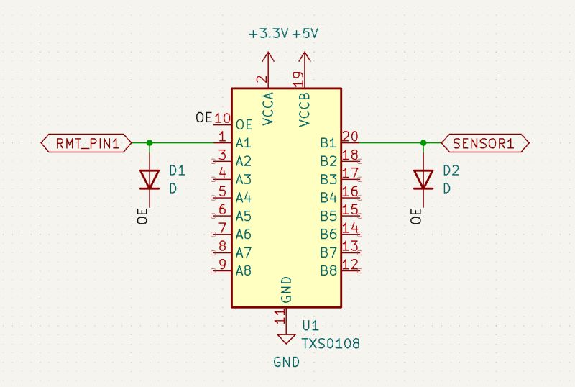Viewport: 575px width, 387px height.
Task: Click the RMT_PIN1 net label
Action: point(86,143)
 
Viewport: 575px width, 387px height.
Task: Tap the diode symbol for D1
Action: point(149,178)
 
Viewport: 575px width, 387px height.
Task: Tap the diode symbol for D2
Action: point(423,178)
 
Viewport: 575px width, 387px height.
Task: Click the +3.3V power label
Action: point(268,34)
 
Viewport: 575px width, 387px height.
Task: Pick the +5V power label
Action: point(305,34)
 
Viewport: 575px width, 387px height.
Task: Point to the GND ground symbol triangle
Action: point(286,338)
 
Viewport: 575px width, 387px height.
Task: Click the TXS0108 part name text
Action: point(330,344)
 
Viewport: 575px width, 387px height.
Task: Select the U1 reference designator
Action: point(310,326)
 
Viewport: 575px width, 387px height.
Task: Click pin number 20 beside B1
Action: point(350,136)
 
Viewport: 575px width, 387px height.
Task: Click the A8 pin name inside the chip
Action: point(244,271)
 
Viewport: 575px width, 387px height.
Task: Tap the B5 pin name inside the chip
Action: point(328,216)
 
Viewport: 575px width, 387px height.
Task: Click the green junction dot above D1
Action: point(149,143)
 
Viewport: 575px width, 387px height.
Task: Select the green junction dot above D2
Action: point(423,143)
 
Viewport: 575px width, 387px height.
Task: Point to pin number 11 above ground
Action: point(280,314)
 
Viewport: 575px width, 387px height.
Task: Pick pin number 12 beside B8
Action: point(350,265)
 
